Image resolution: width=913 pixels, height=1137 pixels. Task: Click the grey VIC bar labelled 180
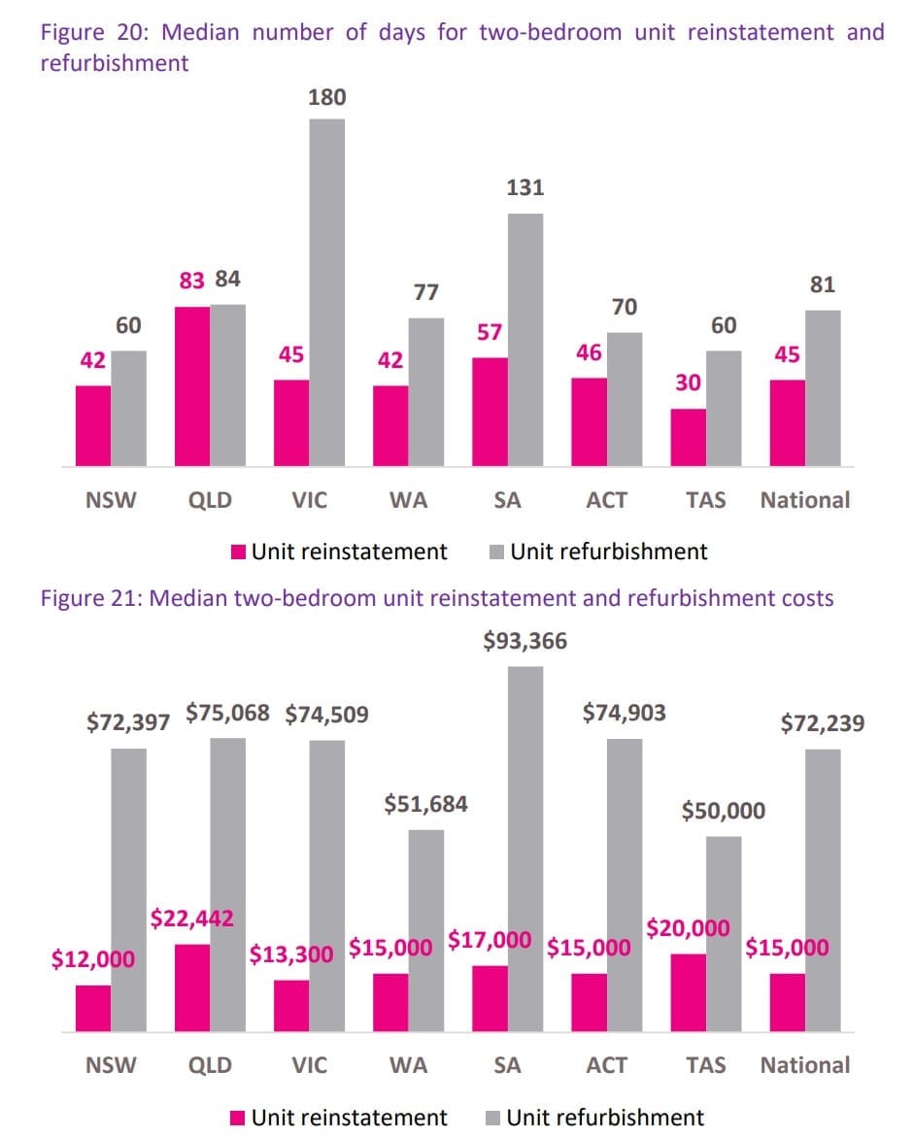(327, 291)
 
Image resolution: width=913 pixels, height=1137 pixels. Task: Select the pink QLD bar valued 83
(193, 386)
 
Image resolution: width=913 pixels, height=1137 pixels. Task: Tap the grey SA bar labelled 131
(525, 340)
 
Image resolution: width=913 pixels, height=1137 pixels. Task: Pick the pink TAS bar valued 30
(689, 437)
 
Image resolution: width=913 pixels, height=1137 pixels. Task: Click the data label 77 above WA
(426, 292)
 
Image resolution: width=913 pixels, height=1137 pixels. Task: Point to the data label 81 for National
(822, 285)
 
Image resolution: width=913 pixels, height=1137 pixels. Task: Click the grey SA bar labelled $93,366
(525, 849)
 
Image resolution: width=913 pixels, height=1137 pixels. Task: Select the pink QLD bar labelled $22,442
(193, 987)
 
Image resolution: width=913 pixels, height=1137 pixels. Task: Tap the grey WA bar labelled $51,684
(426, 930)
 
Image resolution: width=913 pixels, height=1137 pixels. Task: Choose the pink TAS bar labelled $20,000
(689, 992)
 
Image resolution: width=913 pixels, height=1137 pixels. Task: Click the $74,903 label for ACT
(625, 714)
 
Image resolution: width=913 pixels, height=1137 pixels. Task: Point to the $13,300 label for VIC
(291, 953)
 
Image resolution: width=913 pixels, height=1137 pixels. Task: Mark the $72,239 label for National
(823, 723)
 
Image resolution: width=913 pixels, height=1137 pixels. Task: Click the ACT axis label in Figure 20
(607, 501)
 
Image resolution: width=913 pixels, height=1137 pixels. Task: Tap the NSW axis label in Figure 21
(111, 1065)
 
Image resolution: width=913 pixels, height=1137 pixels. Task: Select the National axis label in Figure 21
(804, 1065)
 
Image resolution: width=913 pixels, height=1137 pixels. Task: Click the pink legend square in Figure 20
(238, 552)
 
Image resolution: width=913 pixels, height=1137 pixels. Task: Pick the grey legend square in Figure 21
(494, 1118)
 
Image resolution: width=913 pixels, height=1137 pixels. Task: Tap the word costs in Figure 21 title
(807, 598)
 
